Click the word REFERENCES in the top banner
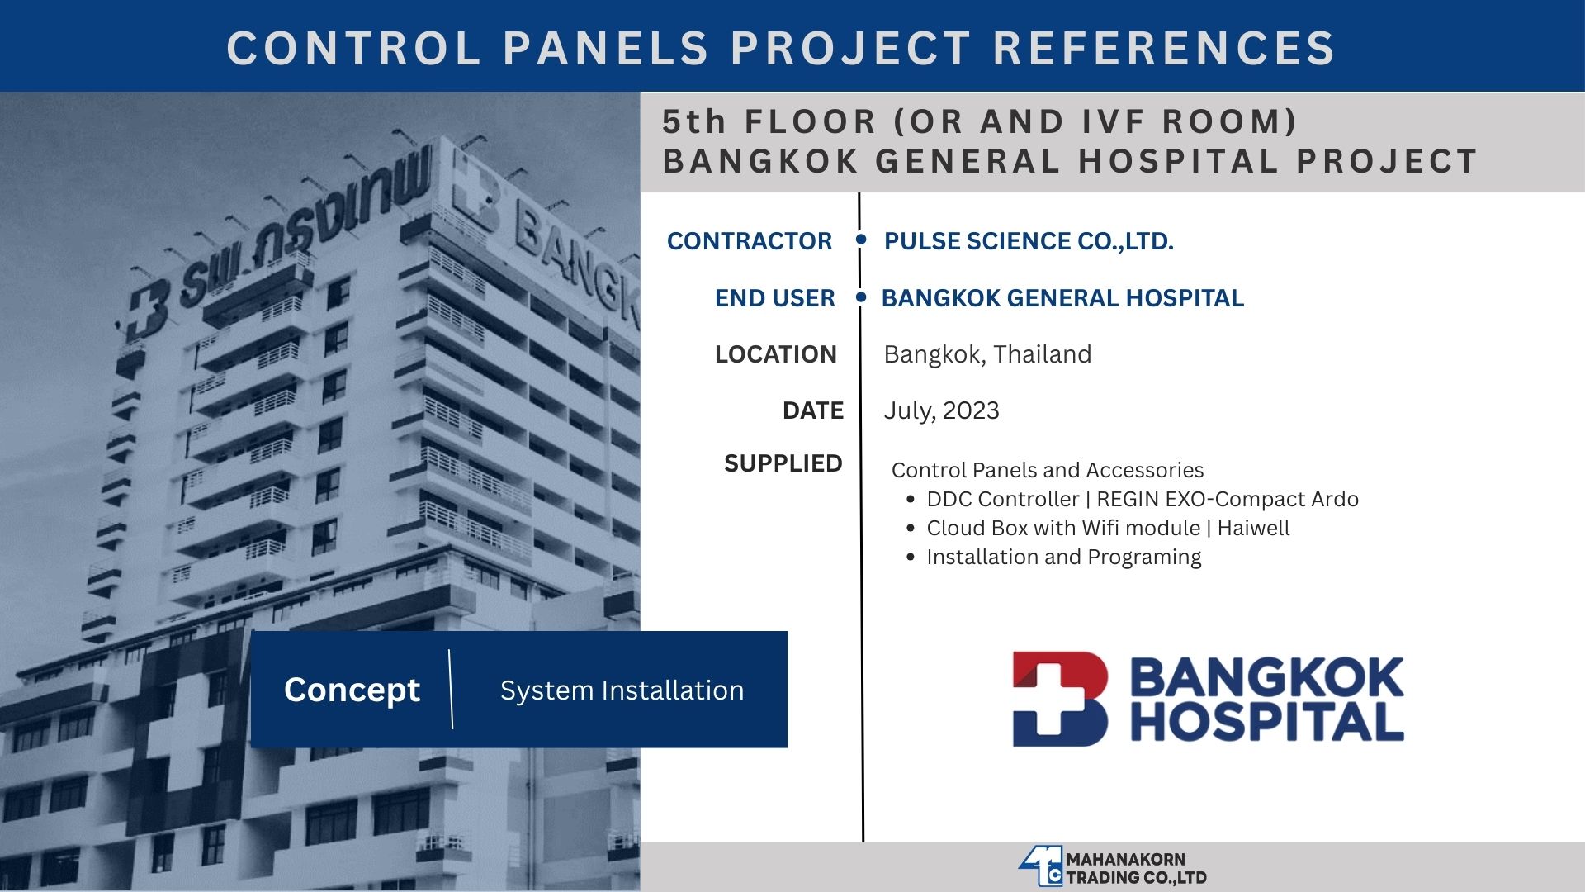1164,47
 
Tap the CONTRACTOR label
750,241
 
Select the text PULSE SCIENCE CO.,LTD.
1029,241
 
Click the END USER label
775,298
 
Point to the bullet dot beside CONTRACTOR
861,240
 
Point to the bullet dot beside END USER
861,297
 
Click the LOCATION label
776,354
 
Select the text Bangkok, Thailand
987,354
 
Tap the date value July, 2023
941,410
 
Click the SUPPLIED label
783,463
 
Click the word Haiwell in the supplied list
1253,528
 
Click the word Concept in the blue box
352,690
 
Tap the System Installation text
622,690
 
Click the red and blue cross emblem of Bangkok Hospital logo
1060,699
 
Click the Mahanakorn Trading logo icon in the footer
1040,867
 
